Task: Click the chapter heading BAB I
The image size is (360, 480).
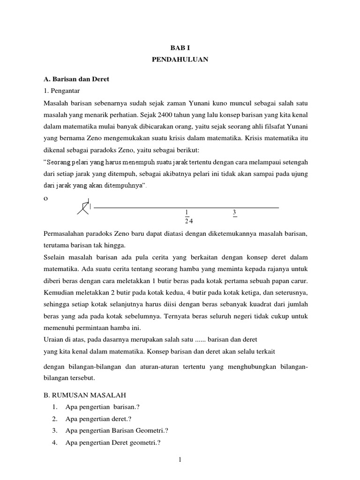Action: coord(180,48)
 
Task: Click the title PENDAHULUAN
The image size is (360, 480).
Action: coord(180,60)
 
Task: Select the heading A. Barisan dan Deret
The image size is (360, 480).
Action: coord(76,79)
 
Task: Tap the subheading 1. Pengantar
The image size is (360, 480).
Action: coord(60,91)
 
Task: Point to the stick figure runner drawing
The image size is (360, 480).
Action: coord(84,207)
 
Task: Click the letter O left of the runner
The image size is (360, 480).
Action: coord(45,198)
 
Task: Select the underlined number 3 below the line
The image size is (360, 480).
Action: coord(234,212)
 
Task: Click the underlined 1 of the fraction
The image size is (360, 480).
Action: coord(187,212)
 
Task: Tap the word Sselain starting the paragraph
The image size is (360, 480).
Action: coord(54,258)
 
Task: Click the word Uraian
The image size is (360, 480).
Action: coord(53,339)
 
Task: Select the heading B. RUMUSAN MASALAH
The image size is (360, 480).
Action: coord(85,395)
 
